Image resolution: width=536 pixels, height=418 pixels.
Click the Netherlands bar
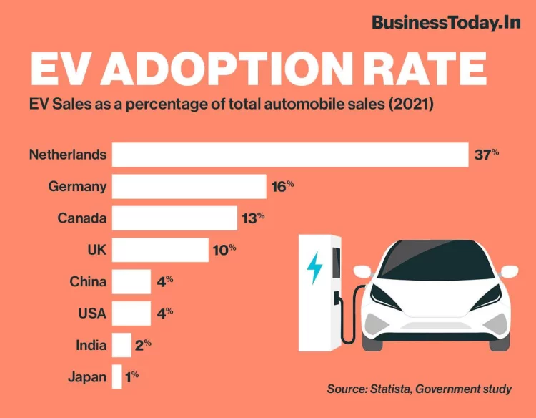coord(289,155)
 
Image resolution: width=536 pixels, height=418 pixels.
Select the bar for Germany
coord(189,186)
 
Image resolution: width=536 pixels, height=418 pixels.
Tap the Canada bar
coord(174,218)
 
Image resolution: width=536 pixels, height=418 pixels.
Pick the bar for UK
coord(160,250)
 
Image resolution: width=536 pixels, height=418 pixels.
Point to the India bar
coord(121,345)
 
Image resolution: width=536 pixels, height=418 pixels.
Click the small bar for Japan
coord(116,377)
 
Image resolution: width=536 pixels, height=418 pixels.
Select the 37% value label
coord(486,155)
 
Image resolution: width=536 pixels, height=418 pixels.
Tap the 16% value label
coord(282,186)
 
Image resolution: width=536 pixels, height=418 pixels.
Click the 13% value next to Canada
coord(253,218)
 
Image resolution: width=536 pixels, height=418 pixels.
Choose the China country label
coord(88,281)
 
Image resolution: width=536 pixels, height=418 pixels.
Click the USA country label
coord(91,313)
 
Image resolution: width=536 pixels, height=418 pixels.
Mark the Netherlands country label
coord(68,155)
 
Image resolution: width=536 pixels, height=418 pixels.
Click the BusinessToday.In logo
coord(446,22)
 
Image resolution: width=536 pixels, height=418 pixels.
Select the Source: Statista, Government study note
coord(419,389)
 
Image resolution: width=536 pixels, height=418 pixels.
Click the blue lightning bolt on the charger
coord(314,268)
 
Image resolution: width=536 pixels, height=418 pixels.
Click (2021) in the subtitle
coord(410,104)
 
